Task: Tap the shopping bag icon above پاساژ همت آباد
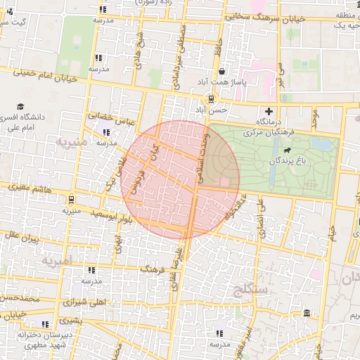(x=222, y=72)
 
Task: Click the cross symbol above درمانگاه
(x=269, y=111)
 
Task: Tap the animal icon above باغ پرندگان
(x=288, y=151)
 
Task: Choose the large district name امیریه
(x=57, y=261)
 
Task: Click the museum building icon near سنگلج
(x=306, y=313)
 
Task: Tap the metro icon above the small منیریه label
(x=72, y=199)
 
